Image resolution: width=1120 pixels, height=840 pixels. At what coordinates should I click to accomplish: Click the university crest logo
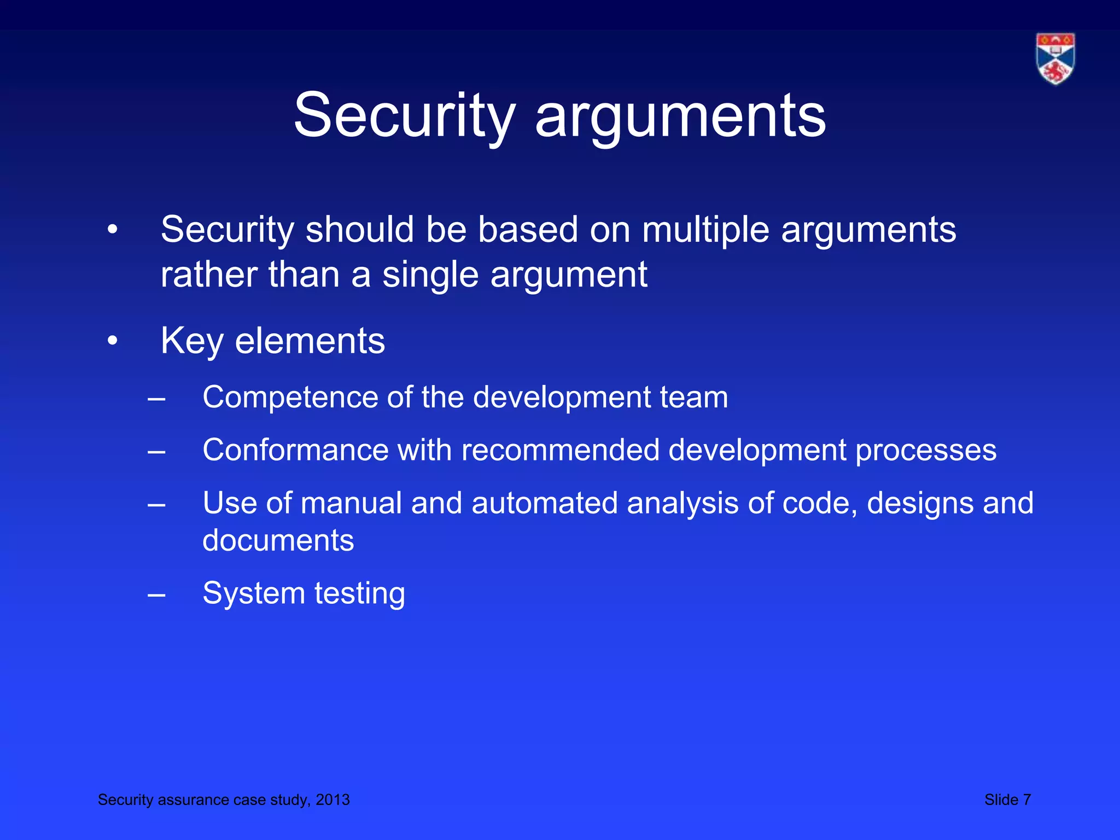point(1055,59)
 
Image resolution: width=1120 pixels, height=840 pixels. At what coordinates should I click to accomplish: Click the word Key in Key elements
point(192,341)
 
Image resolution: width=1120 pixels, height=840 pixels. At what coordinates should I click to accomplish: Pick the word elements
point(310,341)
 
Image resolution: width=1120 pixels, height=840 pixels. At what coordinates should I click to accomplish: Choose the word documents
point(278,541)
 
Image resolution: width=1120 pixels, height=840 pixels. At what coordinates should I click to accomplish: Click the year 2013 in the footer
point(332,800)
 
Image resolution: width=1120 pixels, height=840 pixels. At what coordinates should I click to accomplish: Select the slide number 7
point(1026,800)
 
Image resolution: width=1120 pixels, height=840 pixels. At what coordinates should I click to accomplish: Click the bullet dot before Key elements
point(112,341)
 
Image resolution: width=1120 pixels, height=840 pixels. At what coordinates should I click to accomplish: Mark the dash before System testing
point(156,594)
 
